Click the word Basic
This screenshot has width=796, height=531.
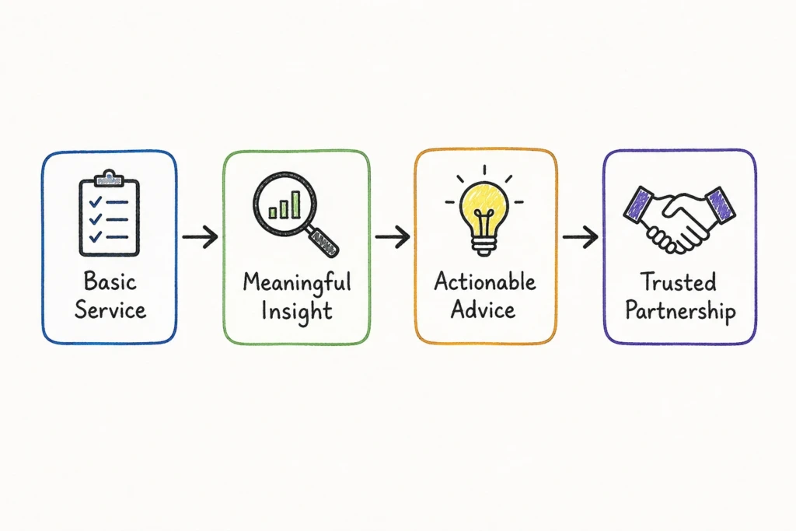110,281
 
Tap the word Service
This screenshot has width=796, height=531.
110,309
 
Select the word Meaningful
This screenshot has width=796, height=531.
297,283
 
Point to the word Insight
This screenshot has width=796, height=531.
297,311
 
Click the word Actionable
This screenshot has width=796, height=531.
485,281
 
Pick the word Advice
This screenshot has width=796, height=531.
484,309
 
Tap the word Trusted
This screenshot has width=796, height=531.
678,281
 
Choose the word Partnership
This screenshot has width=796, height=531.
680,311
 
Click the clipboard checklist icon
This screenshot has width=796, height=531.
109,213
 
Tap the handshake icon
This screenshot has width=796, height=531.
679,219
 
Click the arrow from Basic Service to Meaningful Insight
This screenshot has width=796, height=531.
200,236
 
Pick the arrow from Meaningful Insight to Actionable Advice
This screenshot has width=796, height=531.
393,236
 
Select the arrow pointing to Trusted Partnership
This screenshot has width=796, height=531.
580,236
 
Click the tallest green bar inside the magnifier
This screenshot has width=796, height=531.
296,204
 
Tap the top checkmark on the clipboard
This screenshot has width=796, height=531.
96,201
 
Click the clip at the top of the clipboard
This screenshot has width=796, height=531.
109,178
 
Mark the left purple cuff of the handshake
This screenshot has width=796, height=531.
638,204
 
